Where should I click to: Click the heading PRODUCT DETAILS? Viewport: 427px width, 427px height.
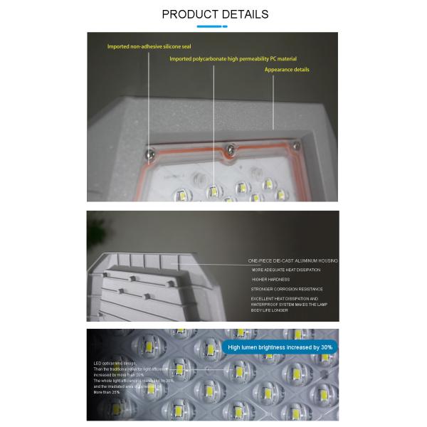215,14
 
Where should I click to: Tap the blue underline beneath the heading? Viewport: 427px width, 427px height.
212,26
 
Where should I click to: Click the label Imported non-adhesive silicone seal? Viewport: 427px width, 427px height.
149,47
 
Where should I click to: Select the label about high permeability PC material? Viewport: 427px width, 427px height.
233,58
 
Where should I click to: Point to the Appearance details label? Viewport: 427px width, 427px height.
287,70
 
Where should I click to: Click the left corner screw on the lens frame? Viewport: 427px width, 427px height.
149,152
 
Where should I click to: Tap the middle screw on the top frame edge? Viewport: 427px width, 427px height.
228,148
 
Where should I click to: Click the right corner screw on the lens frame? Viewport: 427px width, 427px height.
296,145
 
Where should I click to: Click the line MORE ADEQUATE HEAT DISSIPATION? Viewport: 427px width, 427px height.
286,270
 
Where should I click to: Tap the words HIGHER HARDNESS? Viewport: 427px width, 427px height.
270,280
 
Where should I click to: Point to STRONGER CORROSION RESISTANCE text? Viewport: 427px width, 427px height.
287,289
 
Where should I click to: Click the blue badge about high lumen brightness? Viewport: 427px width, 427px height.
280,347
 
